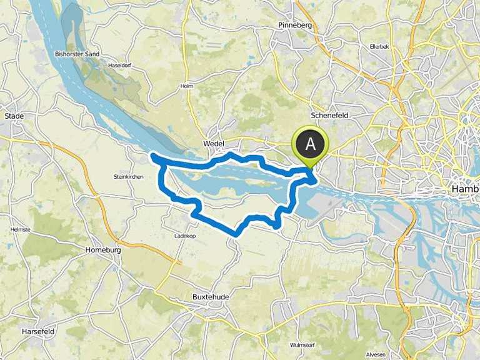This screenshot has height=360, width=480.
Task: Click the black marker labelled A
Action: [311, 144]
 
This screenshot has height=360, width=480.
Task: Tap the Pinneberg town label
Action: [294, 26]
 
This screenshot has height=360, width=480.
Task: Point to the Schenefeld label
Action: [328, 116]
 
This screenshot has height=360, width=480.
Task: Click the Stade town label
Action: [14, 116]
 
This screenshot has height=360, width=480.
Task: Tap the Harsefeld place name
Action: [37, 331]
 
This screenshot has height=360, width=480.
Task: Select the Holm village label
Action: [187, 86]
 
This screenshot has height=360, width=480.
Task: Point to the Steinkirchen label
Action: [129, 177]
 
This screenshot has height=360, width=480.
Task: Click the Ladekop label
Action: [186, 236]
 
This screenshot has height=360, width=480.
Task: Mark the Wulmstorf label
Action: [302, 345]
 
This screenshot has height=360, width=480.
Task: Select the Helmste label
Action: [21, 229]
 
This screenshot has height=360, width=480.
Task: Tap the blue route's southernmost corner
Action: [236, 234]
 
